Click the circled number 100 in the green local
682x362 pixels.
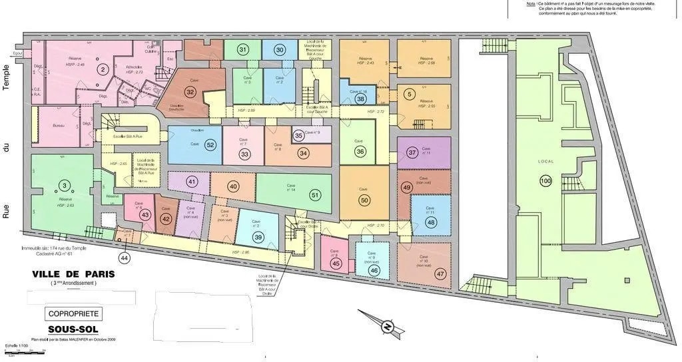[546, 181]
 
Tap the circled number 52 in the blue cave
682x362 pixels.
[210, 145]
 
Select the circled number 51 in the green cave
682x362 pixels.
[315, 195]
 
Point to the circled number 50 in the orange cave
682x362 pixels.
[364, 200]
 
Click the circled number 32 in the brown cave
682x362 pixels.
[190, 92]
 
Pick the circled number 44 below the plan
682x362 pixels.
[125, 258]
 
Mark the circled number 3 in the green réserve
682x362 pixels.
[64, 185]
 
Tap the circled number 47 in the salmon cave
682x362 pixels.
[440, 274]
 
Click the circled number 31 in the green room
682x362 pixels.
[243, 50]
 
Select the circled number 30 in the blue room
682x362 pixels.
[280, 50]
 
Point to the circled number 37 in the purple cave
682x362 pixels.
[412, 152]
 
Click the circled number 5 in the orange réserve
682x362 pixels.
[410, 94]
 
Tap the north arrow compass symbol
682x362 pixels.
[385, 326]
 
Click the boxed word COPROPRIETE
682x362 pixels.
[74, 313]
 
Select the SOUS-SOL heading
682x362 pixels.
[73, 329]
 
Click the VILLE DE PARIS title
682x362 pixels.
[73, 274]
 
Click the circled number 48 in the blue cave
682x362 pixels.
[431, 222]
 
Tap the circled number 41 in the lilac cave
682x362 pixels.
[192, 182]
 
